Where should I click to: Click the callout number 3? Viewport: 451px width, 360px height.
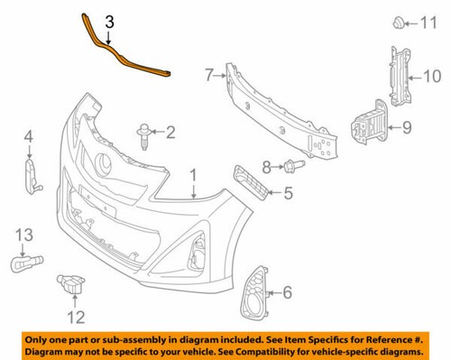coord(109,21)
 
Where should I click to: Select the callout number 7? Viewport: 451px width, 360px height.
coord(208,74)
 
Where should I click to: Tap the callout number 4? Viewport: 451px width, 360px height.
coord(28,136)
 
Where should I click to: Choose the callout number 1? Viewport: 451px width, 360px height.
coord(192,173)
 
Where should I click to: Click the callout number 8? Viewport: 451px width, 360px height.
coord(267,165)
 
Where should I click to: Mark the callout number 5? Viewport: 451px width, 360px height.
coord(288,192)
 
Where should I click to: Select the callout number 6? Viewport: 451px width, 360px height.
coord(287,291)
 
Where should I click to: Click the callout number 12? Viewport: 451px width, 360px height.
coord(76,316)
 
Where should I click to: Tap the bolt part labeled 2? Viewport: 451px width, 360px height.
coord(144,134)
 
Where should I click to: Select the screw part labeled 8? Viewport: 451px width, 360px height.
coord(290,165)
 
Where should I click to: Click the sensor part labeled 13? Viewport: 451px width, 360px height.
coord(22,265)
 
